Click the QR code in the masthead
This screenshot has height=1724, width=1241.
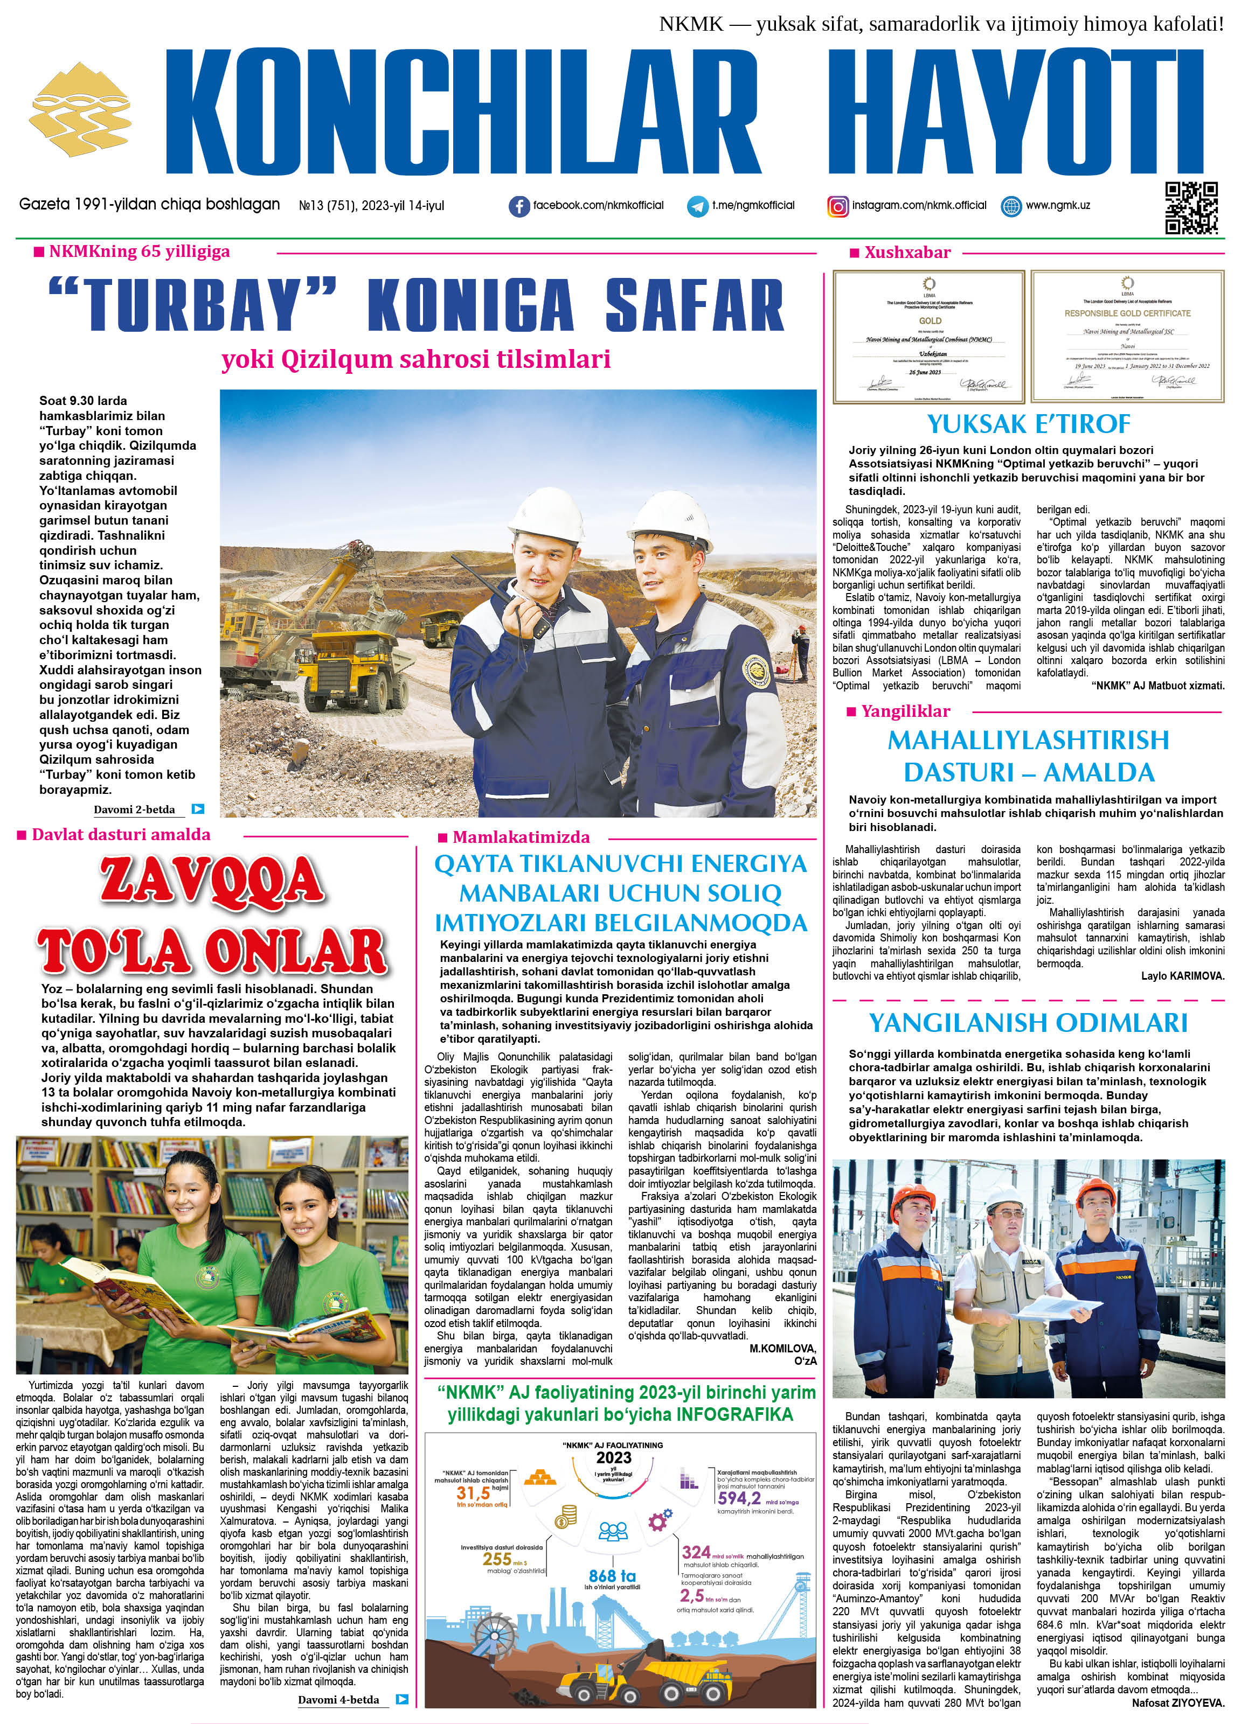tap(1191, 207)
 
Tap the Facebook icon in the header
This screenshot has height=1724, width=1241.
tap(518, 206)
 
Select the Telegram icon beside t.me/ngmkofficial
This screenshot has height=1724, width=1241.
tap(697, 206)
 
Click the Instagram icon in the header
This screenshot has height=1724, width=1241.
tap(838, 206)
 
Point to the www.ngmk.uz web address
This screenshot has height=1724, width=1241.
tap(1058, 205)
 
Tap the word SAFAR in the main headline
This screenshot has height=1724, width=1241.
tap(694, 305)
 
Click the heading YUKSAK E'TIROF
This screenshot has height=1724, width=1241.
tap(1028, 424)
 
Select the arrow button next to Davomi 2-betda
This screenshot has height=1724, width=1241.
tap(198, 809)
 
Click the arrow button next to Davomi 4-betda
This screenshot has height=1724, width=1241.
tap(402, 1699)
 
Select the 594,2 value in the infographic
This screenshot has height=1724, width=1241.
tap(739, 1497)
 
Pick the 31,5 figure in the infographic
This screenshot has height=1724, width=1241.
tap(473, 1493)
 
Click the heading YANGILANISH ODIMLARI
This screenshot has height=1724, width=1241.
tap(1028, 1022)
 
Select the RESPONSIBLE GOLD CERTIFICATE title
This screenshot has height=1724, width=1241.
tap(1127, 313)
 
